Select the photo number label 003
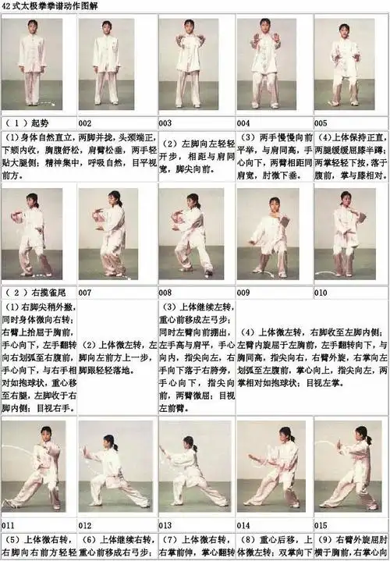[x=165, y=123]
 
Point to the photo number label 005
[x=321, y=123]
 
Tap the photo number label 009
[x=243, y=292]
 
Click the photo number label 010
[x=321, y=292]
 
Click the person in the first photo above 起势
[x=31, y=66]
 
